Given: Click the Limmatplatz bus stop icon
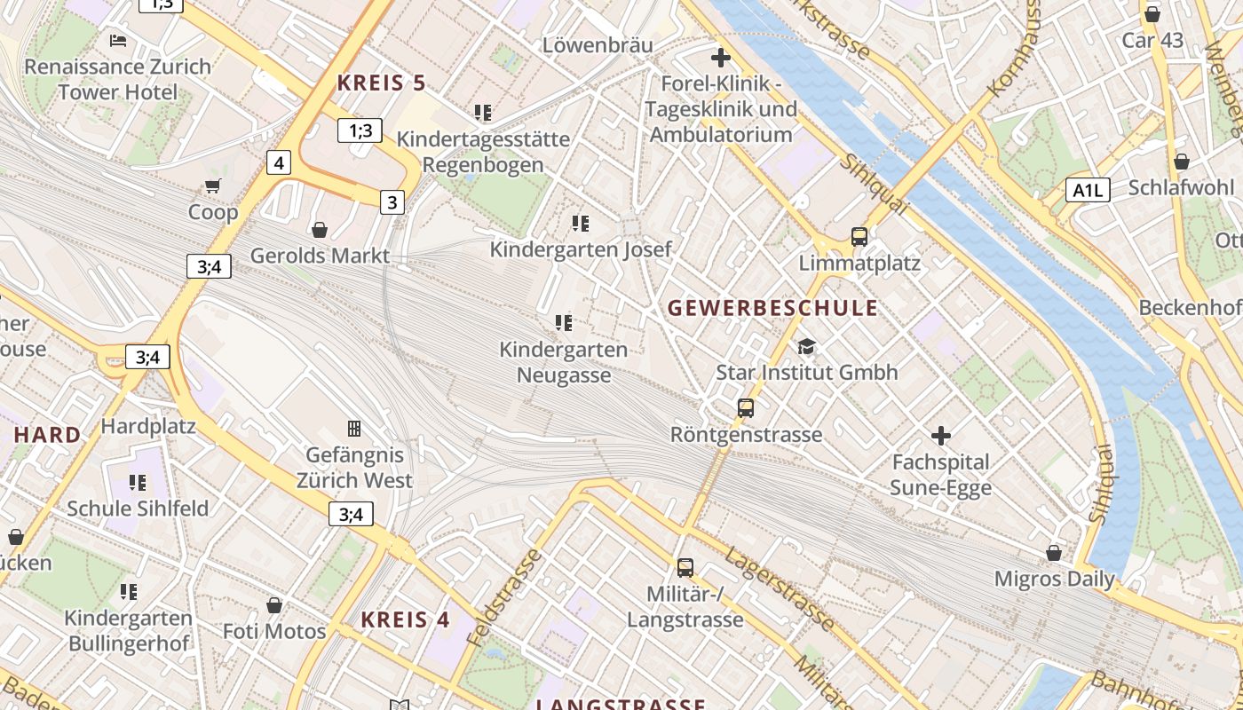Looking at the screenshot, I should (859, 237).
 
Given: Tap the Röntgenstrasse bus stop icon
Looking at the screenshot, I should (746, 408).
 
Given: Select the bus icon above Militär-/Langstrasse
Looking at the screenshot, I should (685, 567).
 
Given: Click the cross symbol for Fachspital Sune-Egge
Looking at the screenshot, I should (941, 436).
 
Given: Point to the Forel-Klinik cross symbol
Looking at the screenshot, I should (721, 59).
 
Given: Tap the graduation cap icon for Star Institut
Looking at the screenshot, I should (806, 346).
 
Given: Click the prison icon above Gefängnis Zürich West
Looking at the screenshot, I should (354, 429).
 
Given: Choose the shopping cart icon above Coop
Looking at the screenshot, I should (212, 186).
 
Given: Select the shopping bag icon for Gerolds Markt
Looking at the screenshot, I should (320, 230).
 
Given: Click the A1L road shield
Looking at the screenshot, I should (1088, 189).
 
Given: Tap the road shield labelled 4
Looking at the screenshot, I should (279, 162).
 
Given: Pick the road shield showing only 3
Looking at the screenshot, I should (392, 201).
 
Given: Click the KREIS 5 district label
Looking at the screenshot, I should (382, 83).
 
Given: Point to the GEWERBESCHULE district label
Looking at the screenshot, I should (772, 308).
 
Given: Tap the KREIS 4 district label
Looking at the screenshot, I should (406, 619).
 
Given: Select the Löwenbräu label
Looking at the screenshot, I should (598, 44).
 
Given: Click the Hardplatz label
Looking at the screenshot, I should (148, 426).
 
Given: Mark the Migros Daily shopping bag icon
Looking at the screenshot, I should (1054, 553).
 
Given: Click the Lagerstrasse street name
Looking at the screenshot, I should (780, 588).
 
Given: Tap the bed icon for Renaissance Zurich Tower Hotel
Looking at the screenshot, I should (118, 40).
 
